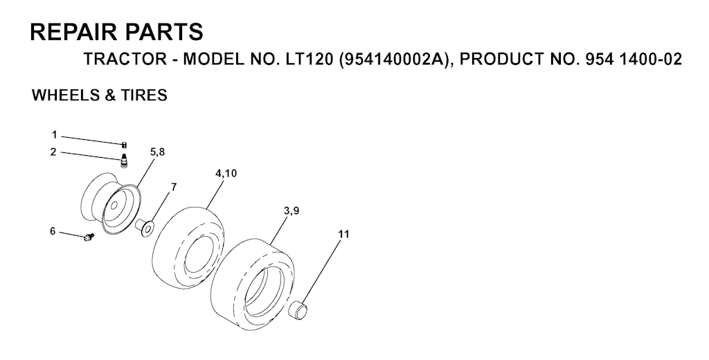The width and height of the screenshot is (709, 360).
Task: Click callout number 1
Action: point(54,134)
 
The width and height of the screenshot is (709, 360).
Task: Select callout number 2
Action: point(54,152)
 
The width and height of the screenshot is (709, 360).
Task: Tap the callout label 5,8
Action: point(157,152)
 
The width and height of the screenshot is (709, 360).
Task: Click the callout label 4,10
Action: point(226,173)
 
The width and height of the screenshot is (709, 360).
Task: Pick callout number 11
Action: point(343,234)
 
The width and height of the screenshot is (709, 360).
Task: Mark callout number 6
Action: point(53,231)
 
